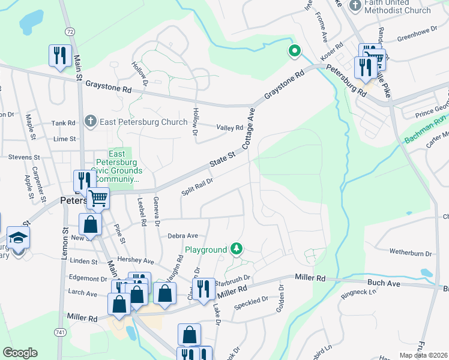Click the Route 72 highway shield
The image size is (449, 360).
pos(71,31)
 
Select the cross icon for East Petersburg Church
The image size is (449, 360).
pos(90,122)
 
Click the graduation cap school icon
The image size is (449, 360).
pos(18,238)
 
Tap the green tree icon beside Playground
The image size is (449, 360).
pos(237,248)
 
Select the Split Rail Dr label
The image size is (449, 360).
pos(197,186)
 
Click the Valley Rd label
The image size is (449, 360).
pos(230,127)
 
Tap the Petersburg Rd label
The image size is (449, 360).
pos(346,81)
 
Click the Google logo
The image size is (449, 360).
pos(20,353)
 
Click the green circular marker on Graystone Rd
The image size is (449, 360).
pos(294,52)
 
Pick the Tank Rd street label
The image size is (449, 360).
pos(63,123)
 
